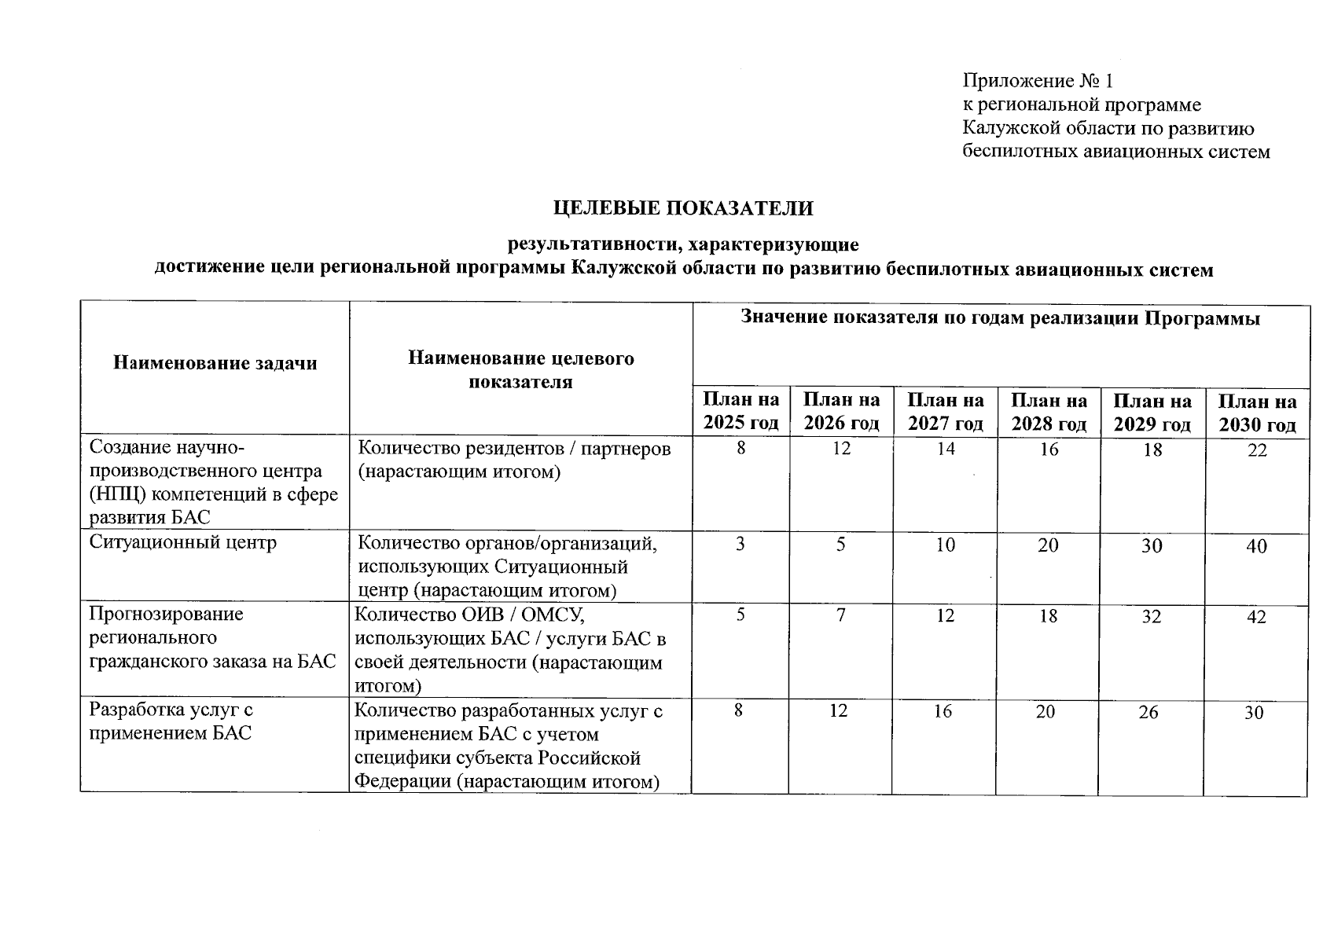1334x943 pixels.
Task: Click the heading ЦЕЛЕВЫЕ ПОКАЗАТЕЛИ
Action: (x=682, y=208)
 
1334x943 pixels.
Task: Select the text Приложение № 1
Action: (x=1038, y=81)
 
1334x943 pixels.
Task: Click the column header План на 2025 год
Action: (x=740, y=413)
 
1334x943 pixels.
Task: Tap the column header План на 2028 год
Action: (x=1049, y=413)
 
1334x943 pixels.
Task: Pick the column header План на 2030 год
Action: (x=1257, y=413)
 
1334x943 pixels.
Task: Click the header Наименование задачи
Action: (x=215, y=362)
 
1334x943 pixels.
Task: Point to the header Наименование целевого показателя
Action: (x=520, y=370)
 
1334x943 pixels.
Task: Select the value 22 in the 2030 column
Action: (x=1257, y=451)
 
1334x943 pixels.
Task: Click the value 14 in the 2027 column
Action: (x=945, y=449)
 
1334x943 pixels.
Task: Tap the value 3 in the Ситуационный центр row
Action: (x=740, y=544)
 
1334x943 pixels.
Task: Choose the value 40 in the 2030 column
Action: (x=1256, y=546)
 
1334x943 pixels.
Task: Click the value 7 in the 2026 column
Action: (x=841, y=615)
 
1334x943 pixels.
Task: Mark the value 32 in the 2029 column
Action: (x=1152, y=617)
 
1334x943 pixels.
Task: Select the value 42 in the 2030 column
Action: (x=1256, y=618)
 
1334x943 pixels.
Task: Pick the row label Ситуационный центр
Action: (x=182, y=542)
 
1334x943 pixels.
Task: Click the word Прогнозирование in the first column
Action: (x=167, y=614)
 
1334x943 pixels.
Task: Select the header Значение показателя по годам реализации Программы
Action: (x=1000, y=318)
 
